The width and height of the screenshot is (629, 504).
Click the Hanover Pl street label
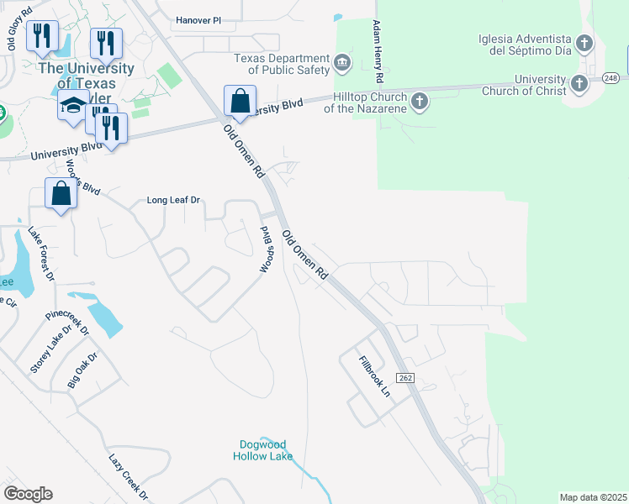click(x=203, y=20)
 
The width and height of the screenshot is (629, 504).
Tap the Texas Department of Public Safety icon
click(x=342, y=61)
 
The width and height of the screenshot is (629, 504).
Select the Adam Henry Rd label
click(x=379, y=52)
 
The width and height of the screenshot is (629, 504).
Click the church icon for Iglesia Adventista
click(x=583, y=42)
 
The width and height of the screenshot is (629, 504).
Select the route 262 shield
click(x=404, y=378)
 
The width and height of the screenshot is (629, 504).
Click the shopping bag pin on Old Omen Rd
click(x=240, y=102)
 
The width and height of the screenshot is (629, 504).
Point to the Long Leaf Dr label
click(x=174, y=201)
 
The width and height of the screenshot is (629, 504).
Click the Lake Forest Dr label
click(x=40, y=254)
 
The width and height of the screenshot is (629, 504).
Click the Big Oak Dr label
click(x=82, y=370)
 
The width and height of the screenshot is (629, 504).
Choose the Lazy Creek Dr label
click(x=128, y=477)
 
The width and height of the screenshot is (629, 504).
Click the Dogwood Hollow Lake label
click(x=262, y=451)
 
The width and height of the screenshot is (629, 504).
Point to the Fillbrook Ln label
click(x=375, y=377)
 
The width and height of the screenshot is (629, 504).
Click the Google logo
click(x=28, y=494)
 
